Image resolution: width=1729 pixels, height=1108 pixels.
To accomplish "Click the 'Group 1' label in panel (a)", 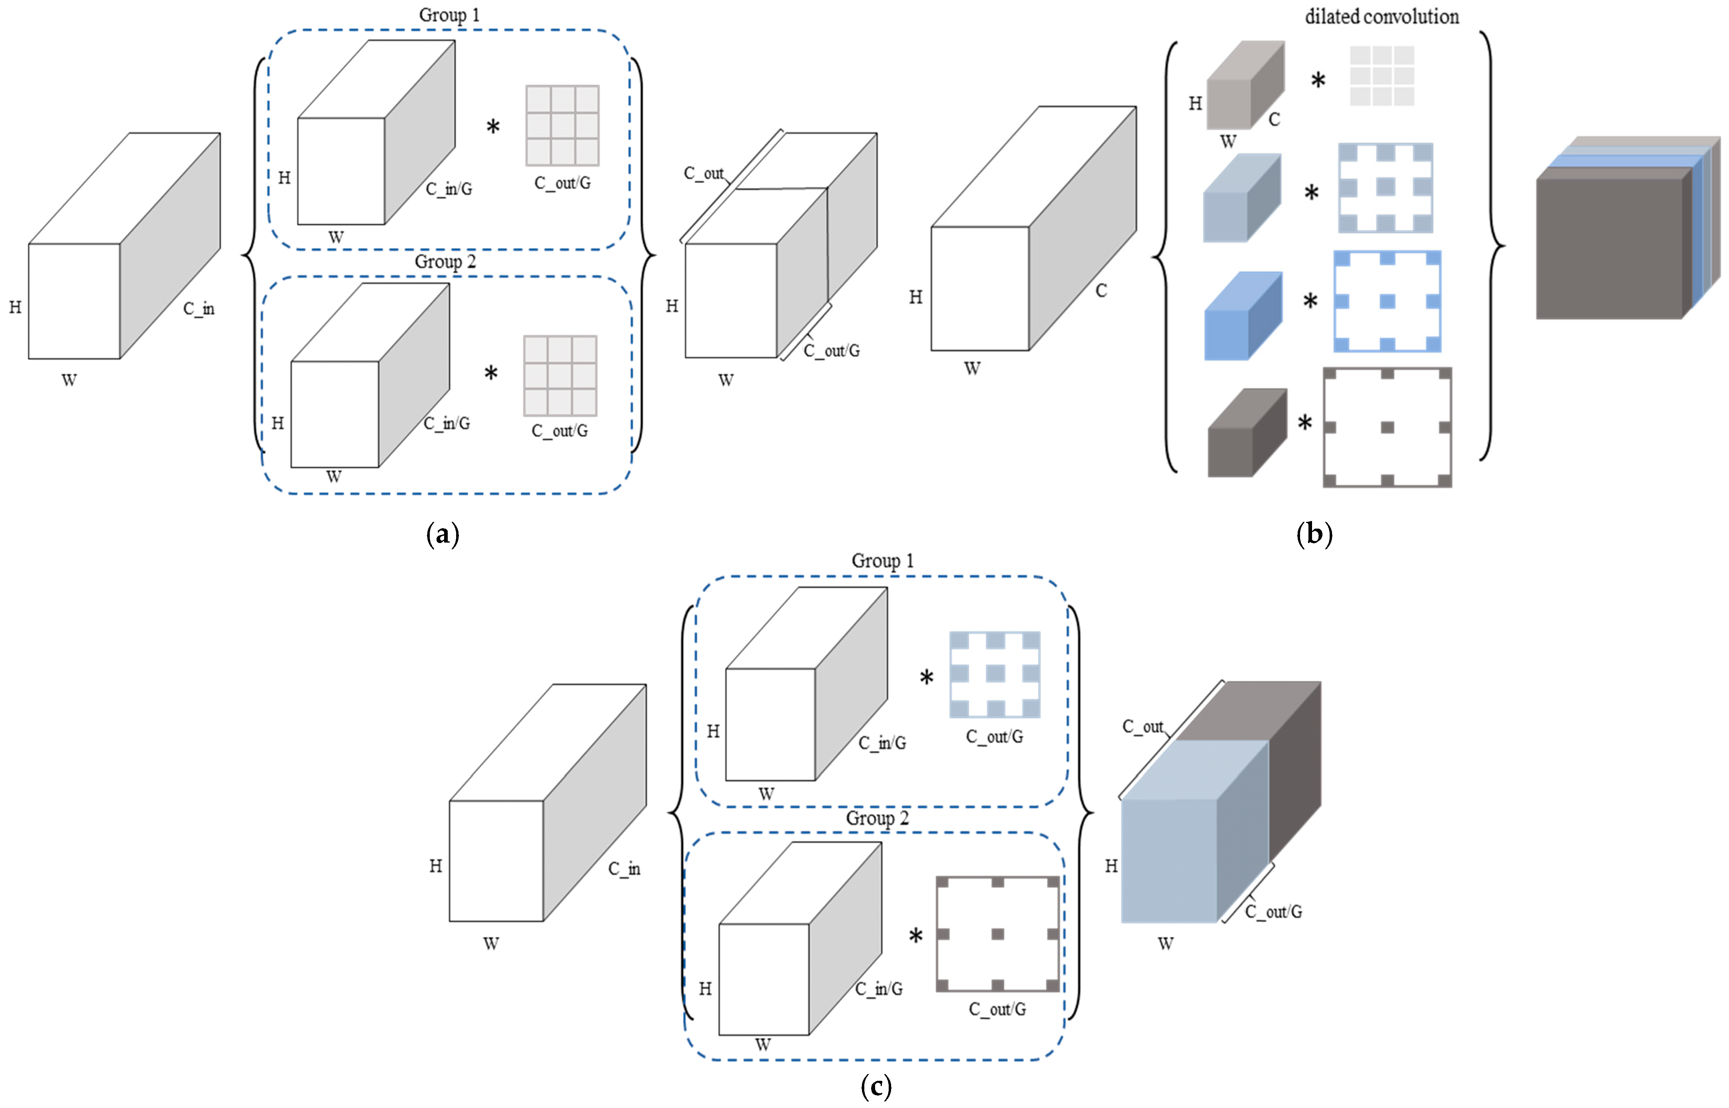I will tap(449, 15).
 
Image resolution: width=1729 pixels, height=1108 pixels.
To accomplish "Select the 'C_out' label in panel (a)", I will tap(704, 174).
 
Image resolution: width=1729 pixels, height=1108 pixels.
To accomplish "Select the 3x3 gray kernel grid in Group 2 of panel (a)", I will tap(560, 375).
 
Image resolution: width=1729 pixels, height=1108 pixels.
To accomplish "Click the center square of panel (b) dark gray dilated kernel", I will tap(1387, 427).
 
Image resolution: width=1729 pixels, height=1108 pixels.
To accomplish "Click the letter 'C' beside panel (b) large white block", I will tap(1101, 291).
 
